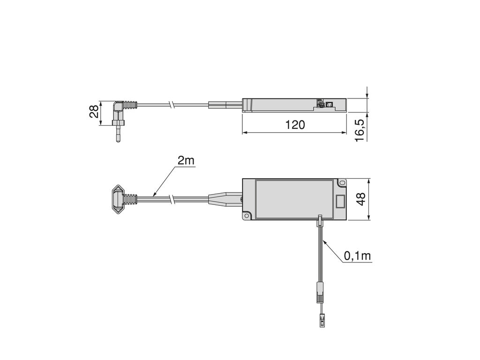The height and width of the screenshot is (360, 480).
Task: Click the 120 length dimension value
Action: point(295,125)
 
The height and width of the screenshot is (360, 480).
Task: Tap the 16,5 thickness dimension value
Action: point(360,130)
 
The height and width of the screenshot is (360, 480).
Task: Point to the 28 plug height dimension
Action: point(94,112)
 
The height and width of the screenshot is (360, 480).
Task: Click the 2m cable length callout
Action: point(186,160)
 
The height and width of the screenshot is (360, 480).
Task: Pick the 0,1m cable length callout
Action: point(358,256)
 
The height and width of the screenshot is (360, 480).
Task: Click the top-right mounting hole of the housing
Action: point(342,183)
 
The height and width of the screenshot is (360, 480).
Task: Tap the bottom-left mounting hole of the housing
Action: point(247,216)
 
